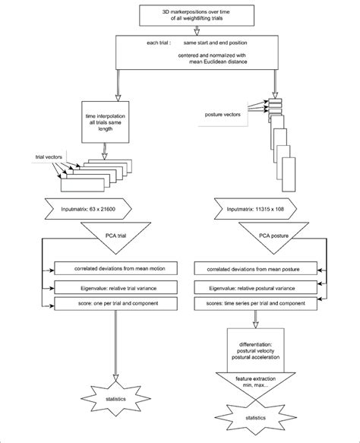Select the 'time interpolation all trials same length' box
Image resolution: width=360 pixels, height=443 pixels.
106,124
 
